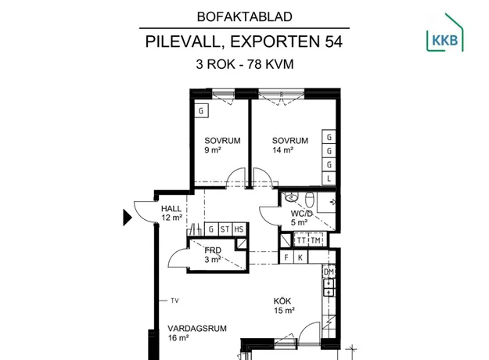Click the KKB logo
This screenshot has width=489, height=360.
(445, 32)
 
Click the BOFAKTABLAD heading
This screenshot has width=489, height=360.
(244, 17)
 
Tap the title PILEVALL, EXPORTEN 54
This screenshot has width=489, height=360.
(244, 41)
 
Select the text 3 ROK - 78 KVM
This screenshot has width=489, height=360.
(245, 64)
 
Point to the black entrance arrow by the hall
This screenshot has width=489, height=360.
(128, 218)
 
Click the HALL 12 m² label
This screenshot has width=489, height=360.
(171, 213)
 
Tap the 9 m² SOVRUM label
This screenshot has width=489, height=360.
(222, 145)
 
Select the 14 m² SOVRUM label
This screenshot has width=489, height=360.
(290, 145)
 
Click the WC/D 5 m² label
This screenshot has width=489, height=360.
(301, 218)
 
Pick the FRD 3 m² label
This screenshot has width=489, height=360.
(213, 255)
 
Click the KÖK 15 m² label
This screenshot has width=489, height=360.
(284, 306)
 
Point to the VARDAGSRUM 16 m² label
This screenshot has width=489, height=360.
(197, 333)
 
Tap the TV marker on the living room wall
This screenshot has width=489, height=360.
(174, 301)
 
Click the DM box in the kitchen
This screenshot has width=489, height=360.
(329, 272)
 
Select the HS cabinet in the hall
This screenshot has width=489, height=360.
(239, 229)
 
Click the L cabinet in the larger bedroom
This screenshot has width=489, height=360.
(329, 178)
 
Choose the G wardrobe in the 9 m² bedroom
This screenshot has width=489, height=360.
(201, 111)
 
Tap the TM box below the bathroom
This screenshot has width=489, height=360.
(315, 240)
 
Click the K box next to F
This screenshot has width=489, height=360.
(300, 257)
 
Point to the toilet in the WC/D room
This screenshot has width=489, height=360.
(309, 200)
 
